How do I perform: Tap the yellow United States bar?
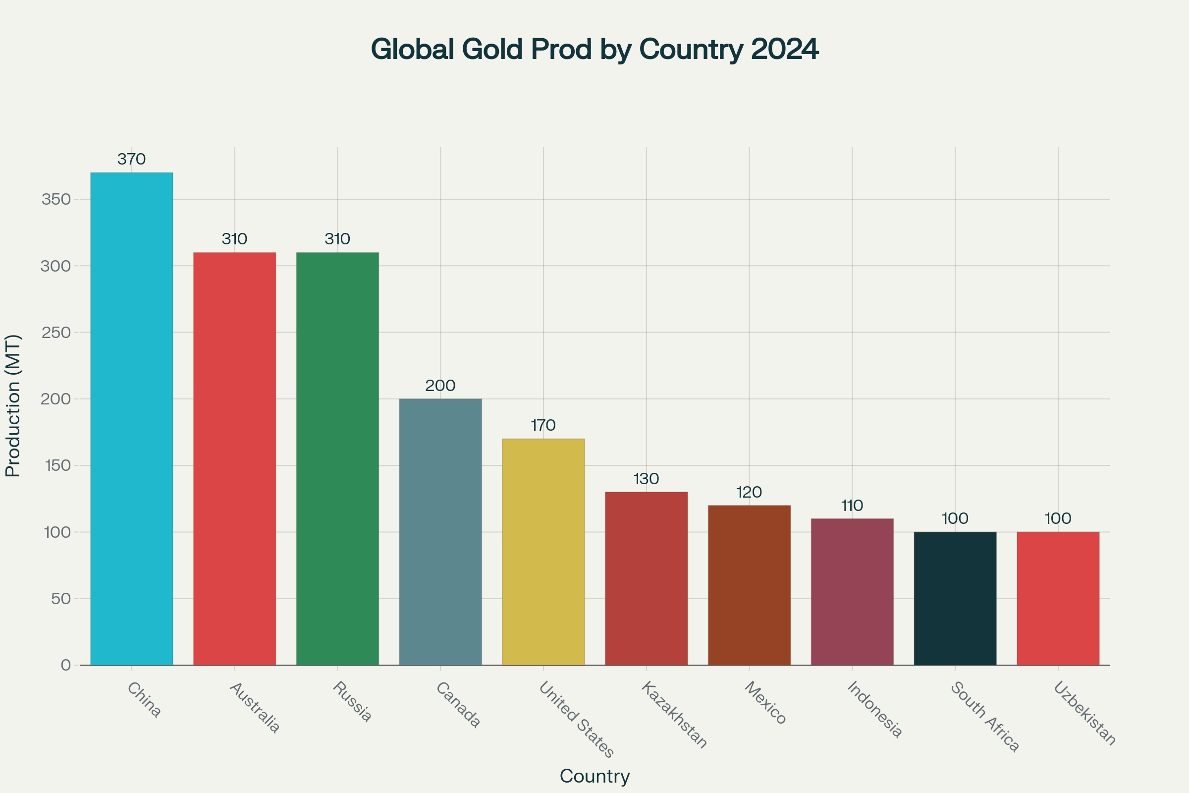point(543,552)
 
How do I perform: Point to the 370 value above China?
point(131,159)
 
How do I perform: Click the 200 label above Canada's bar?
point(440,386)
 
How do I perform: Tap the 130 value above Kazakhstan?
point(646,479)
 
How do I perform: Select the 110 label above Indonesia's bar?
point(852,506)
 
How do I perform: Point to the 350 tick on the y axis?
point(56,199)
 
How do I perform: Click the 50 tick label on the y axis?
point(60,599)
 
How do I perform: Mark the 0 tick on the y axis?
point(66,665)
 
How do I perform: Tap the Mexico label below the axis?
point(765,703)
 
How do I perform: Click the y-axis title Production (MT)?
point(13,405)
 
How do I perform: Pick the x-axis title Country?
point(594,776)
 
